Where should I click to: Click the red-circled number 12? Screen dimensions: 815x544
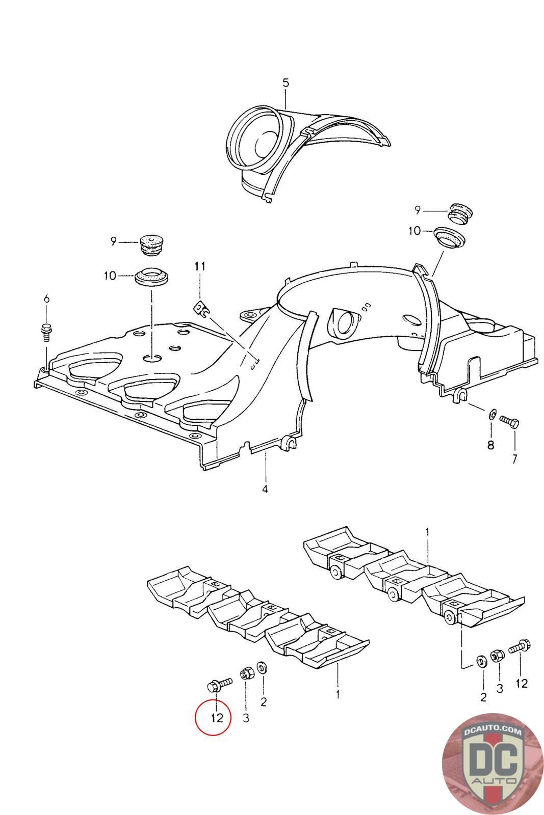point(217,718)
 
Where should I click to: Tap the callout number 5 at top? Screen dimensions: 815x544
point(286,83)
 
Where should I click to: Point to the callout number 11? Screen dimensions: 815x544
point(200,266)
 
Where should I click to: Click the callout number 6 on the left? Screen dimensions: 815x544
point(46,299)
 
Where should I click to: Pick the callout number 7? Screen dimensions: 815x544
point(514,459)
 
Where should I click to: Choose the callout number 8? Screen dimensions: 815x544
point(490,445)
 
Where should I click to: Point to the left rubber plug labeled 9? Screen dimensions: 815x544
point(151,244)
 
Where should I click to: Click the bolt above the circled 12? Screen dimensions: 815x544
point(218,684)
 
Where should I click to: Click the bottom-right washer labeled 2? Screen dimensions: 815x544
point(481,661)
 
